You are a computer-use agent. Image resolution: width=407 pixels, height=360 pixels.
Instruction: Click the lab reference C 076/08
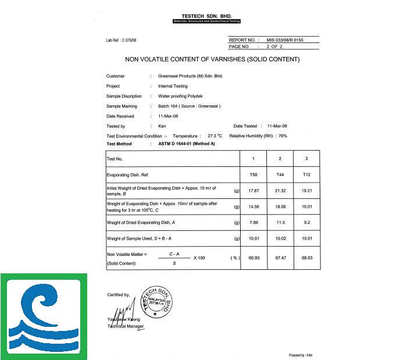[x=121, y=40]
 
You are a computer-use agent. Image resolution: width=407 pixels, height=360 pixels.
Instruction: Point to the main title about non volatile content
[x=212, y=59]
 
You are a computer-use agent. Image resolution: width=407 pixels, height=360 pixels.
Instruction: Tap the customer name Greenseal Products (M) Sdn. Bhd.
[x=190, y=76]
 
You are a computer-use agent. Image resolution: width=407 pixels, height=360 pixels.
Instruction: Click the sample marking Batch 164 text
[x=189, y=106]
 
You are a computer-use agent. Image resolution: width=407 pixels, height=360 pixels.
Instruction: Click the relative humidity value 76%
[x=283, y=136]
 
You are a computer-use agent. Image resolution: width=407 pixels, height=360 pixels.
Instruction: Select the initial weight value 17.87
[x=253, y=191]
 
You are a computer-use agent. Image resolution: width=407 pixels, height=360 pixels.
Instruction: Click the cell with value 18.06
[x=280, y=206]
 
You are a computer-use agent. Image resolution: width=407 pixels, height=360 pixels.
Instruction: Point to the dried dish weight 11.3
[x=280, y=222]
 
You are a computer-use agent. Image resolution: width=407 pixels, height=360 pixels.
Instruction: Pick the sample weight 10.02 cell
[x=280, y=238]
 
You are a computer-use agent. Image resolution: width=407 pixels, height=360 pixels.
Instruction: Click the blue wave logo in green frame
[x=44, y=316]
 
